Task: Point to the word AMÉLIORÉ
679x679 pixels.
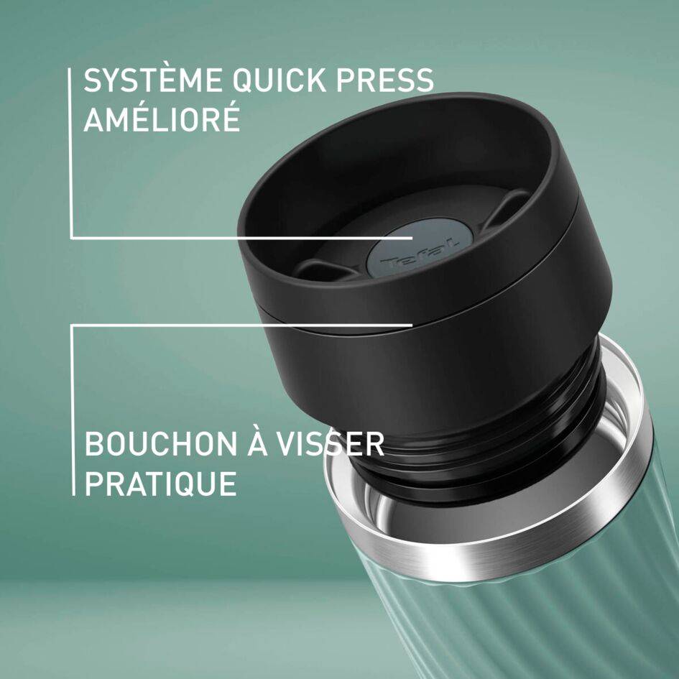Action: [162, 119]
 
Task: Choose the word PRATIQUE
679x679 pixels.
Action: [160, 484]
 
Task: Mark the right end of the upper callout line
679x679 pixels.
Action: [412, 237]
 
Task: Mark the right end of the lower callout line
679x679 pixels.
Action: [412, 325]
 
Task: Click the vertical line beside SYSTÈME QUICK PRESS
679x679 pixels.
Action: [71, 151]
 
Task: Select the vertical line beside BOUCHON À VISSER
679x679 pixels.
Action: [73, 410]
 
